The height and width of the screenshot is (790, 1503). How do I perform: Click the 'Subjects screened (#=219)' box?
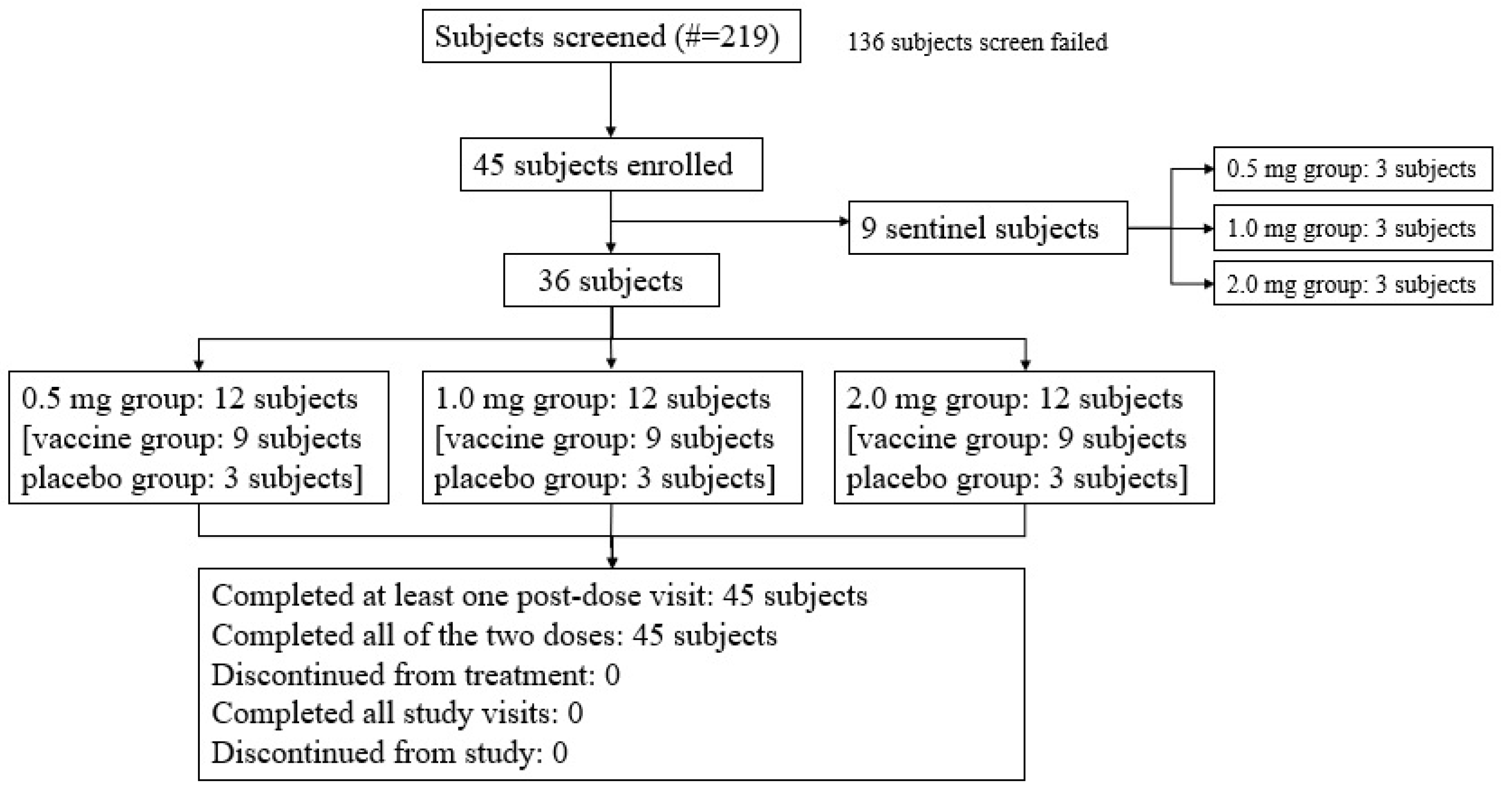point(611,36)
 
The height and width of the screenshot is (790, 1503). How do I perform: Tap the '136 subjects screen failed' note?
point(977,42)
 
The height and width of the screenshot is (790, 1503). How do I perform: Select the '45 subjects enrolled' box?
point(611,165)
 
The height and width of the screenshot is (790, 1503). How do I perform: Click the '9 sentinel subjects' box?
point(987,228)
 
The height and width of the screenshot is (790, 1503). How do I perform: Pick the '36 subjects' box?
point(611,280)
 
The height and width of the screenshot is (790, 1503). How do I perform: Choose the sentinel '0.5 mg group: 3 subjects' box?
point(1353,169)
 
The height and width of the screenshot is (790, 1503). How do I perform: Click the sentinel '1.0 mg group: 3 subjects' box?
point(1353,228)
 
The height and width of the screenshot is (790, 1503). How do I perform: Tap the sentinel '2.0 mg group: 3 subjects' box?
point(1353,284)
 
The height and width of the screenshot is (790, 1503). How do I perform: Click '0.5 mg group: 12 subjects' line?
point(189,399)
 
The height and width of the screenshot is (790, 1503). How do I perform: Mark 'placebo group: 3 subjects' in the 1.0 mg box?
point(605,478)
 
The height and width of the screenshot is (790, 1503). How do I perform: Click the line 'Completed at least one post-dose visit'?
point(539,595)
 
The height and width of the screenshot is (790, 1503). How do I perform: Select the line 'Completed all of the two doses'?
point(494,635)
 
